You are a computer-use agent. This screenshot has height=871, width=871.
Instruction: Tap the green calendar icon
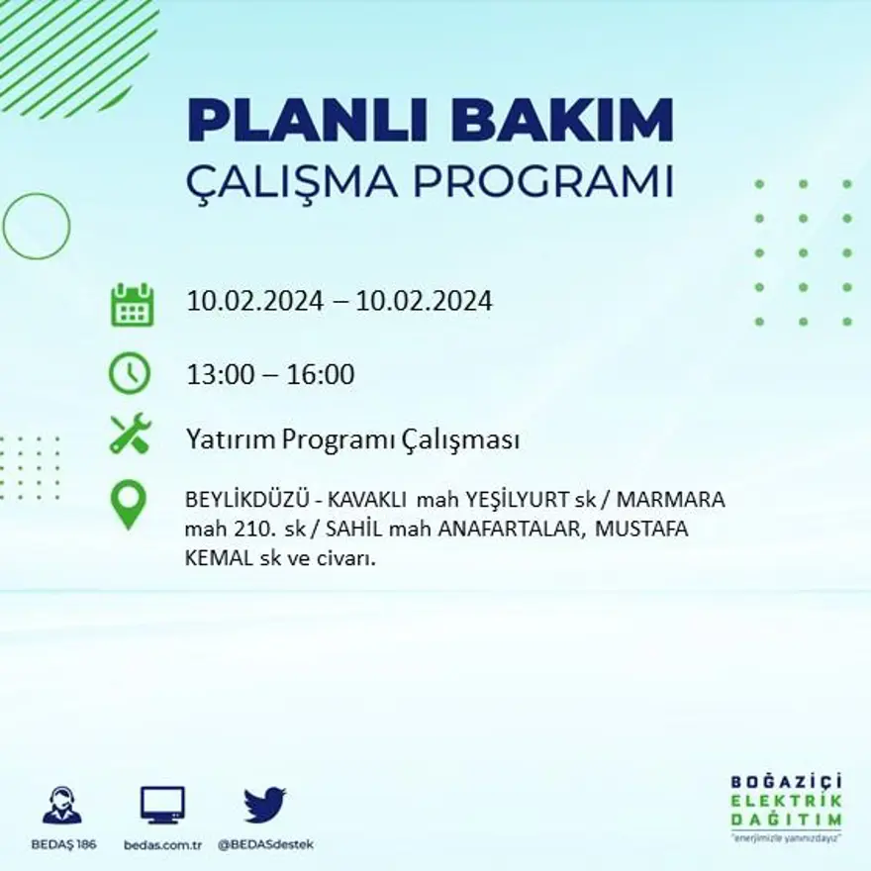click(x=131, y=305)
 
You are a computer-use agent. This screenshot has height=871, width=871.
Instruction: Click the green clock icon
click(x=130, y=373)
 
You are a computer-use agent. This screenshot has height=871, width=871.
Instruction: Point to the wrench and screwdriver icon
click(x=130, y=434)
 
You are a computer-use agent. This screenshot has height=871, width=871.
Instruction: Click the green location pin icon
click(x=129, y=504)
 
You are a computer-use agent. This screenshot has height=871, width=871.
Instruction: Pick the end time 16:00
click(x=321, y=375)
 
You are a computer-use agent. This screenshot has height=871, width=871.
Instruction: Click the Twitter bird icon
click(x=264, y=806)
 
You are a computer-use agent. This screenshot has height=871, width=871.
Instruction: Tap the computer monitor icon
click(x=162, y=806)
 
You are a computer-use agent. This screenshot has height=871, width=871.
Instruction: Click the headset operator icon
click(x=61, y=806)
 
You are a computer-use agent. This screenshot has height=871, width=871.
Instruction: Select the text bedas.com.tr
click(x=163, y=844)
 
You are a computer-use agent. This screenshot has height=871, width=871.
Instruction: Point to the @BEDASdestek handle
click(x=264, y=844)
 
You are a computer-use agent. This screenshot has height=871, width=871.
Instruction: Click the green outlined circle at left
click(x=37, y=227)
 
